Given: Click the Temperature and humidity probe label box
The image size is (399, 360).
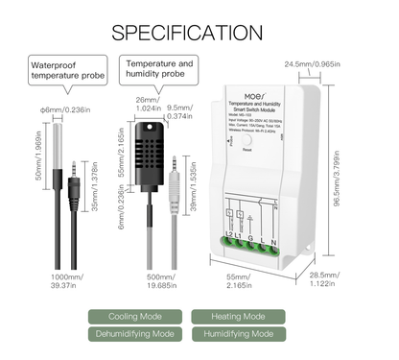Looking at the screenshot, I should [x=159, y=69].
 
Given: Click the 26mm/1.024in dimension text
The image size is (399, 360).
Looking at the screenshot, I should [x=144, y=103].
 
